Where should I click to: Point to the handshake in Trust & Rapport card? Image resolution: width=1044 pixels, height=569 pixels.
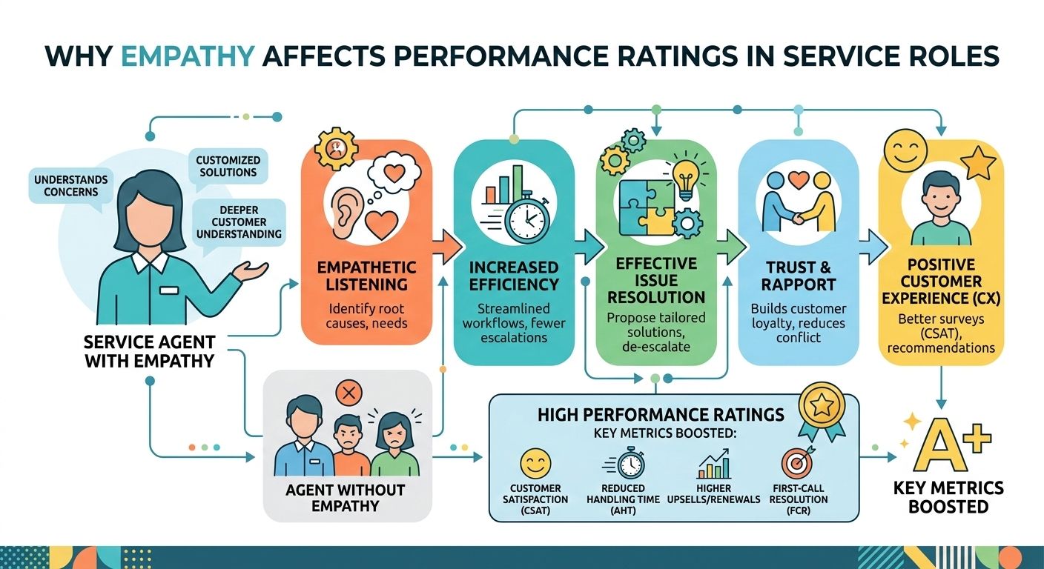point(797,207)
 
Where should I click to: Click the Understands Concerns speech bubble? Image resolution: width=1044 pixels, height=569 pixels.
point(70,185)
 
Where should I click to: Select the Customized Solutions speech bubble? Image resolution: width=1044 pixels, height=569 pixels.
point(228,165)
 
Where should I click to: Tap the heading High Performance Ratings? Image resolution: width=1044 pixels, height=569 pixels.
point(661,415)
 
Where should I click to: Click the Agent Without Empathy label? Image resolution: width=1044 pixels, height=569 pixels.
point(346,498)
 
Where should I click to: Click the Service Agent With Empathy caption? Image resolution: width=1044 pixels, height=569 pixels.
point(151,352)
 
